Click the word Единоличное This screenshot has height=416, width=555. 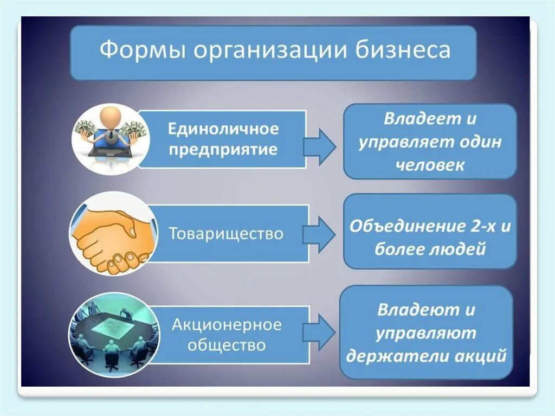pyautogui.click(x=223, y=130)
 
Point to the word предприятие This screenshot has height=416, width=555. pyautogui.click(x=223, y=149)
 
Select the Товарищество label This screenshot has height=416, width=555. pyautogui.click(x=226, y=234)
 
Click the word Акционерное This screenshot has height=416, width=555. pyautogui.click(x=227, y=325)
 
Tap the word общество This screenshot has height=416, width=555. pyautogui.click(x=227, y=345)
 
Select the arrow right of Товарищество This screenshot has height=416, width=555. pyautogui.click(x=319, y=234)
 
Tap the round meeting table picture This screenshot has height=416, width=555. pyautogui.click(x=113, y=332)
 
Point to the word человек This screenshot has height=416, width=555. pyautogui.click(x=430, y=165)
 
